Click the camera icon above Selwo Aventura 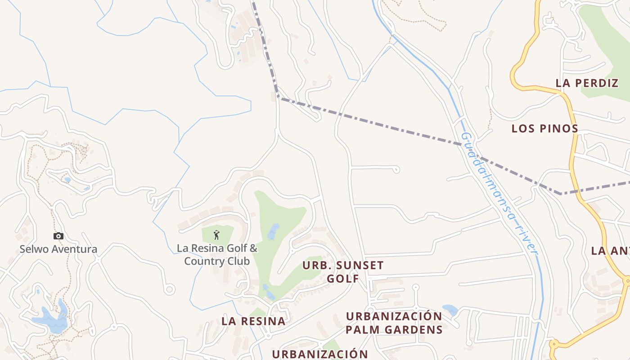point(58,236)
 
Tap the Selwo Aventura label point(58,249)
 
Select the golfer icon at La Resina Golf point(216,234)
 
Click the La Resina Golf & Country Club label point(217,255)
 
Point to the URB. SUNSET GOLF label point(343,272)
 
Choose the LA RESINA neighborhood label point(253,321)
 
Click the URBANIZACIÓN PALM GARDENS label point(394,323)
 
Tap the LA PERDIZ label point(587,83)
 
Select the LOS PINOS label point(544,128)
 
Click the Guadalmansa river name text point(499,193)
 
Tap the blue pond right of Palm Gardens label point(450,310)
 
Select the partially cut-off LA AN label point(610,251)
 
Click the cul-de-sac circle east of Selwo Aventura point(169,289)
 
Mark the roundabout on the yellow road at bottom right point(553,345)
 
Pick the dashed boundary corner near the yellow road point(560,193)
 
